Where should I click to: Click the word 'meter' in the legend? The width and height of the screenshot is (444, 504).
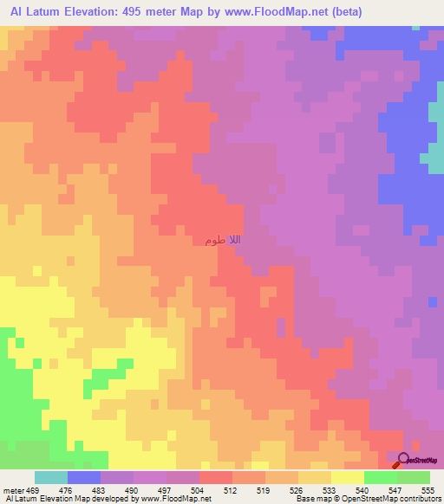click(x=12, y=490)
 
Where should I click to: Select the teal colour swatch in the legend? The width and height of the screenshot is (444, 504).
click(x=51, y=477)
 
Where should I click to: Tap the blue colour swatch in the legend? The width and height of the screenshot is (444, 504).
click(x=84, y=477)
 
